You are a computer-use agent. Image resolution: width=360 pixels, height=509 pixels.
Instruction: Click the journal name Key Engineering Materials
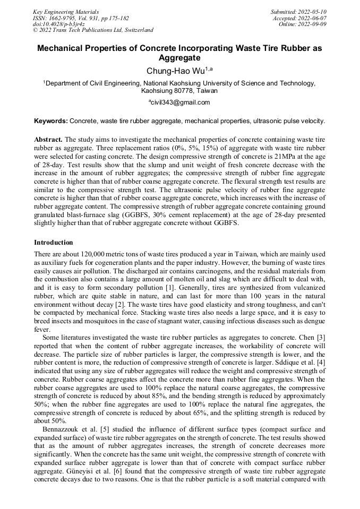click(x=66, y=11)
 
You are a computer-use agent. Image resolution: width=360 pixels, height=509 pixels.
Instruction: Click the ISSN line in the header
click(x=80, y=18)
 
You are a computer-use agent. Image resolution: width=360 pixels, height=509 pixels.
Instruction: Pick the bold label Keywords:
click(x=51, y=121)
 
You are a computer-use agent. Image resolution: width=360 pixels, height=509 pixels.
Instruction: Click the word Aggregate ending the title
click(x=179, y=57)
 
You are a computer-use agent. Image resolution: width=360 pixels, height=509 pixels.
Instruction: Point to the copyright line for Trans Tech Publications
click(x=93, y=30)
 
